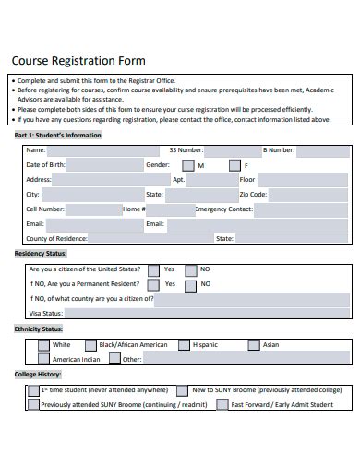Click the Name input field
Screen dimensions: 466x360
[102, 149]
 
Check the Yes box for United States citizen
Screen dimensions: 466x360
[152, 269]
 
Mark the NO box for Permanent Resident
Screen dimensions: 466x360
[189, 284]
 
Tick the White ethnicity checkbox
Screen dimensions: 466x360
[44, 345]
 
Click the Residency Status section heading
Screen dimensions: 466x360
[41, 253]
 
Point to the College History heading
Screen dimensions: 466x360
[38, 375]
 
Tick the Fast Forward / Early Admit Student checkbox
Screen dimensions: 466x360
[222, 404]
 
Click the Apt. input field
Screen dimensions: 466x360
[211, 180]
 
